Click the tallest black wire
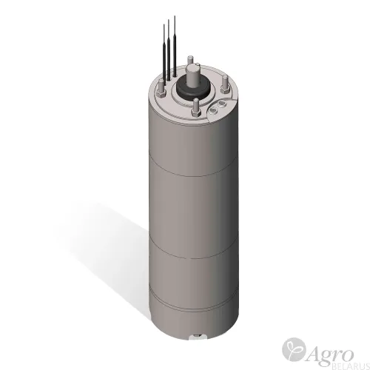pos(175,47)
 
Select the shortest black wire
pos(164,54)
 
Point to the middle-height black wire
pos(169,50)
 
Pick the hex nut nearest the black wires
pos(161,94)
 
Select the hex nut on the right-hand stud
pos(225,90)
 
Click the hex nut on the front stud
pos(196,113)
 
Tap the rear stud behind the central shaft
pos(190,61)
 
